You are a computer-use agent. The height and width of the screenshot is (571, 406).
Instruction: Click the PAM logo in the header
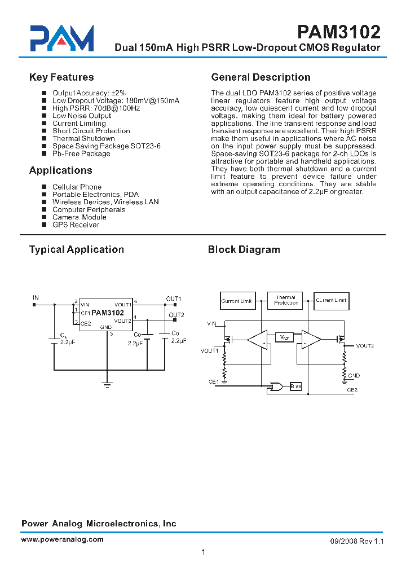point(61,38)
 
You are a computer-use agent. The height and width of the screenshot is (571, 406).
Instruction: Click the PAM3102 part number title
point(339,31)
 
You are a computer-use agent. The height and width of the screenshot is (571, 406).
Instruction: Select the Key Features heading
point(61,77)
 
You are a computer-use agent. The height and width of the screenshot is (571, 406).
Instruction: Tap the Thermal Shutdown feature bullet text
point(83,138)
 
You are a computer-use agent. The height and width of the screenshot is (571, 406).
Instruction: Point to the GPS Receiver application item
point(76,225)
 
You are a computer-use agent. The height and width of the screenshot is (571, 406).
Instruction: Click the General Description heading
point(261,77)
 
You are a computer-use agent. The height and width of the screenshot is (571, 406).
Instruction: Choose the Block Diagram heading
point(244,249)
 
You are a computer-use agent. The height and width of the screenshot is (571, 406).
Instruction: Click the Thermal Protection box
point(286,300)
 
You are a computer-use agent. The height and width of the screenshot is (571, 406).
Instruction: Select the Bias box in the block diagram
point(295,386)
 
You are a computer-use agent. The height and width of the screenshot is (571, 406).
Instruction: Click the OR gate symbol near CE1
point(277,386)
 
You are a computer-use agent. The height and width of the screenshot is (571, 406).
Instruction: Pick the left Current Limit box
point(237,301)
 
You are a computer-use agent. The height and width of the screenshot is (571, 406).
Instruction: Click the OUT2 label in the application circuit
point(176,315)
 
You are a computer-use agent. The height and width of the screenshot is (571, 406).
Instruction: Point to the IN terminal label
point(36,297)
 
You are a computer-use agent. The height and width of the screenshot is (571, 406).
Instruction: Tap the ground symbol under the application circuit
point(107,384)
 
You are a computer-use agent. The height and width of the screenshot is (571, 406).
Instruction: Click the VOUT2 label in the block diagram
point(364,346)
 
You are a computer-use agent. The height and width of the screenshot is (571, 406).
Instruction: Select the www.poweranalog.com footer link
point(62,539)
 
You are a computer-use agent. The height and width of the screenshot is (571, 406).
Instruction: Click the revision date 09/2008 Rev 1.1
point(356,541)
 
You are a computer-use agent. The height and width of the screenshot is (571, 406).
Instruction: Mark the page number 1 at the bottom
point(203,552)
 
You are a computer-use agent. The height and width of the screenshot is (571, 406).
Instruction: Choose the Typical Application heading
point(77,249)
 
